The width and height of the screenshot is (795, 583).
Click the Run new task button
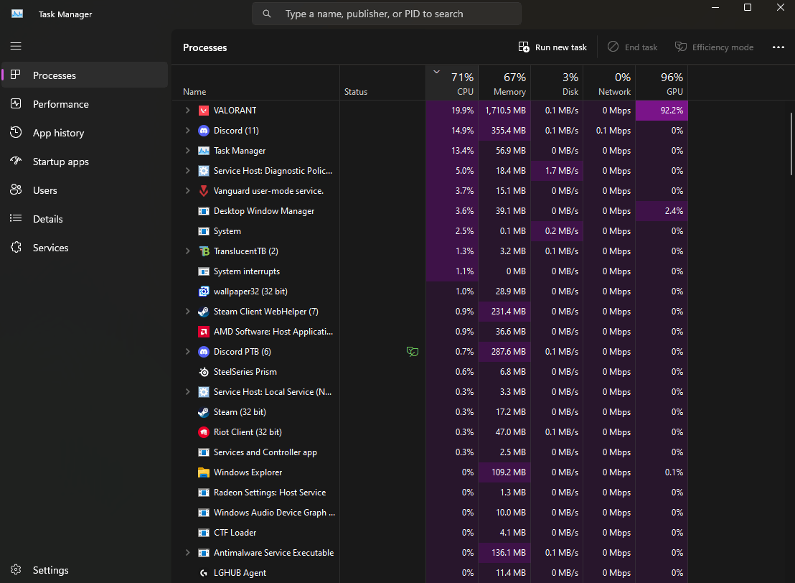click(552, 47)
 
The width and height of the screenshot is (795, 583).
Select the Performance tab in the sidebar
click(60, 104)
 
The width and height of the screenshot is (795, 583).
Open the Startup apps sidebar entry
click(60, 162)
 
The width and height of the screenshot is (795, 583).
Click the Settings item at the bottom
click(50, 570)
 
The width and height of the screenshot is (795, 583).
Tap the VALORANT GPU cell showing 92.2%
click(662, 111)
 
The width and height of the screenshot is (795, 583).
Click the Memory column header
click(504, 83)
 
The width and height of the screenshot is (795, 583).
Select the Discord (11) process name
click(236, 131)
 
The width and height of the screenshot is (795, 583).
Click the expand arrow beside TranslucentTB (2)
click(187, 251)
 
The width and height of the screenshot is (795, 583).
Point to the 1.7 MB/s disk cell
click(557, 171)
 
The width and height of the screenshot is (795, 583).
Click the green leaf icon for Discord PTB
click(412, 352)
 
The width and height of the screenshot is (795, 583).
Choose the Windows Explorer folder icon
click(203, 472)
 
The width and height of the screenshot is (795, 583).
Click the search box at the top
click(387, 14)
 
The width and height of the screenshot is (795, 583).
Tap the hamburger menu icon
click(16, 46)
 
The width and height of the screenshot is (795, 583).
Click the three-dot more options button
click(778, 47)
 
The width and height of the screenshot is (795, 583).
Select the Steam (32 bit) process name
click(240, 412)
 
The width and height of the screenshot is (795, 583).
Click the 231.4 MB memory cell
click(504, 312)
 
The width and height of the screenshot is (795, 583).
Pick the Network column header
click(609, 83)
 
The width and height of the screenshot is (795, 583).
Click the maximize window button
click(748, 7)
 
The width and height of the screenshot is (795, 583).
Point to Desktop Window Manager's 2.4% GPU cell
click(662, 211)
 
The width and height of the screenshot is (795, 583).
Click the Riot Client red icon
click(203, 432)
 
